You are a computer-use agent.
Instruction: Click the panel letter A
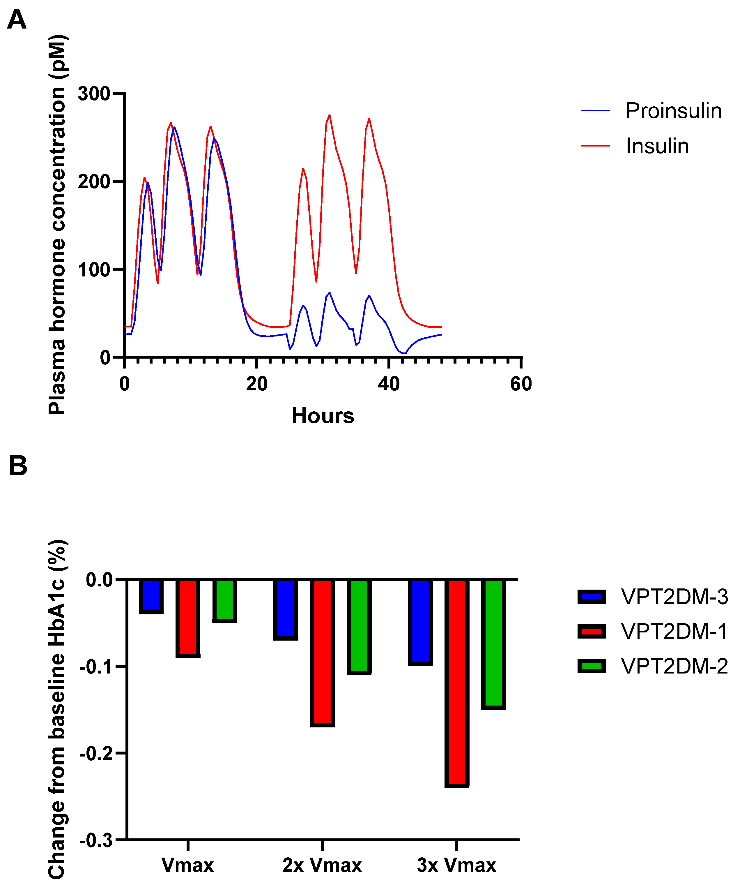(17, 20)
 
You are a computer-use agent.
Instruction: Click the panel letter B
(18, 466)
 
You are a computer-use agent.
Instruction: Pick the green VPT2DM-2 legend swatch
(591, 666)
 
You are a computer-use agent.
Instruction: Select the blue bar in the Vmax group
(151, 595)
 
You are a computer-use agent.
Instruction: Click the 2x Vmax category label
(322, 865)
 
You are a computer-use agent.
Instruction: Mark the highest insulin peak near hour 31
(329, 115)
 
